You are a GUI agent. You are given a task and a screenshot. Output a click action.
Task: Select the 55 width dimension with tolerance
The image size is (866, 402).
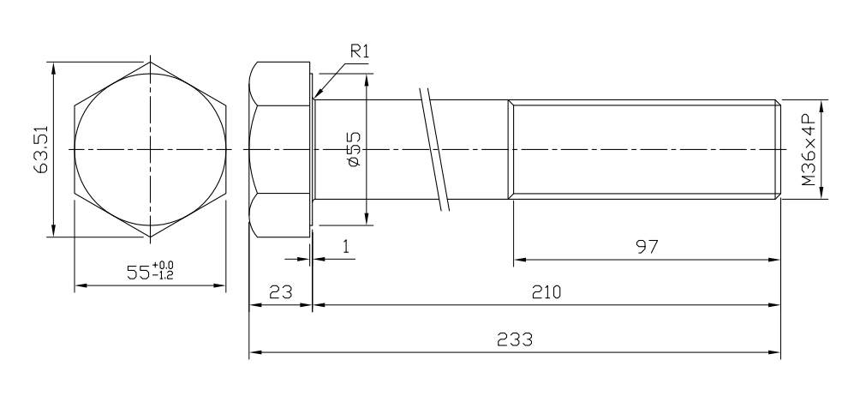(x=150, y=273)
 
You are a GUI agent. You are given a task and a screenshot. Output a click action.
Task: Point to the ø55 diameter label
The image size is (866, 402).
(x=354, y=148)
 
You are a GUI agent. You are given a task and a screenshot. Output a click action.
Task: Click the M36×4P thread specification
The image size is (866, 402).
(x=808, y=149)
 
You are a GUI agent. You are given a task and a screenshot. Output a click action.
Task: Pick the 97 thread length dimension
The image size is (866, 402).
(x=647, y=247)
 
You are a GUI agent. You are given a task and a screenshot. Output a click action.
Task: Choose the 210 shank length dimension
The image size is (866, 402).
(x=546, y=292)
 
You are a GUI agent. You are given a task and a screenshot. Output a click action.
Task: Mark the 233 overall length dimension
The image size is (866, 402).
(x=515, y=339)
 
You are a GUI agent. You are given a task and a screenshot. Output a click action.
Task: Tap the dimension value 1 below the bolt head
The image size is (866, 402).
(x=345, y=247)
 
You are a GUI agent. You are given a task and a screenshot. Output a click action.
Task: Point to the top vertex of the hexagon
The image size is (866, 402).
(x=151, y=62)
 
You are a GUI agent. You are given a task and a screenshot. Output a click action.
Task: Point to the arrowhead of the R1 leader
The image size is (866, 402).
(x=315, y=95)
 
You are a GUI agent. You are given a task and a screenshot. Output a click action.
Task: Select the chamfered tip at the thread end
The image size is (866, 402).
(x=778, y=149)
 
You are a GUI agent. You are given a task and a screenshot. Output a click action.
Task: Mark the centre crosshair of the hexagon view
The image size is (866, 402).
(x=151, y=149)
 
